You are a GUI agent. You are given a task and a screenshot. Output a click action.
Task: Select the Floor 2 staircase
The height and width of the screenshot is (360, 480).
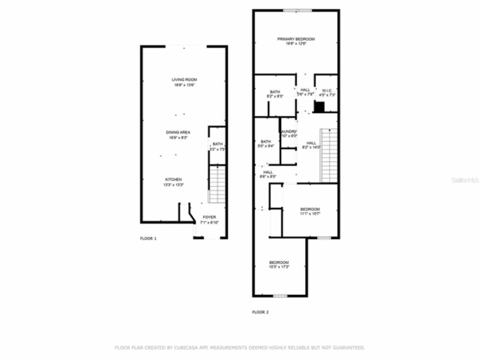pyautogui.click(x=328, y=155)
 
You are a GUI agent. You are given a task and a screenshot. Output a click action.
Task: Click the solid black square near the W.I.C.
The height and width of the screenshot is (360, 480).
pyautogui.click(x=319, y=108)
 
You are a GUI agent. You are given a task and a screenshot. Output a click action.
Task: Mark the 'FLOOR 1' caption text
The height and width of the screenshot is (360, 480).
pyautogui.click(x=148, y=238)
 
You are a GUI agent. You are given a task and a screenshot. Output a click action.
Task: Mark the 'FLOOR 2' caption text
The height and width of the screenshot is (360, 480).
pyautogui.click(x=260, y=312)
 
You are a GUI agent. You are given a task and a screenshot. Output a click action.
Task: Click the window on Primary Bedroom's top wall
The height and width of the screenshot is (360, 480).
pyautogui.click(x=297, y=10)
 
